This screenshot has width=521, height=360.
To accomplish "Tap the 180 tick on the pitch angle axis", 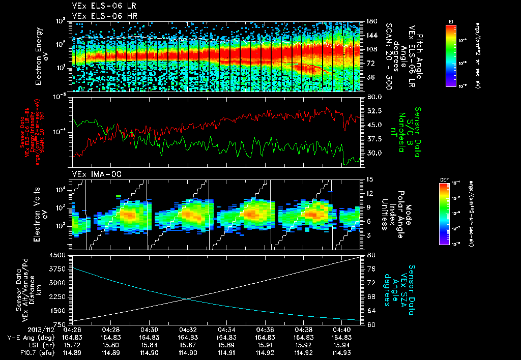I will click(x=370, y=21).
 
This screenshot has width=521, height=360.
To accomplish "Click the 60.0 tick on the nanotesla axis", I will click(x=374, y=97).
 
